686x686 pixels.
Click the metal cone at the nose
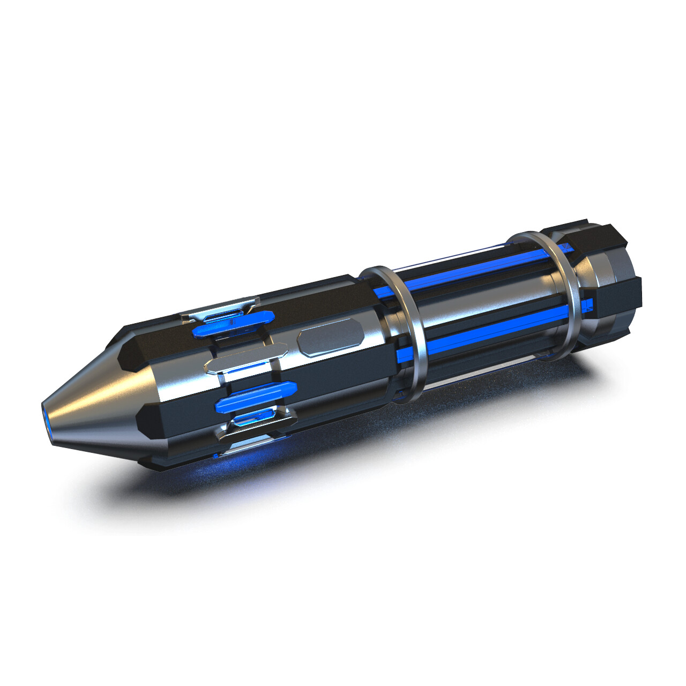pyautogui.click(x=102, y=402)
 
